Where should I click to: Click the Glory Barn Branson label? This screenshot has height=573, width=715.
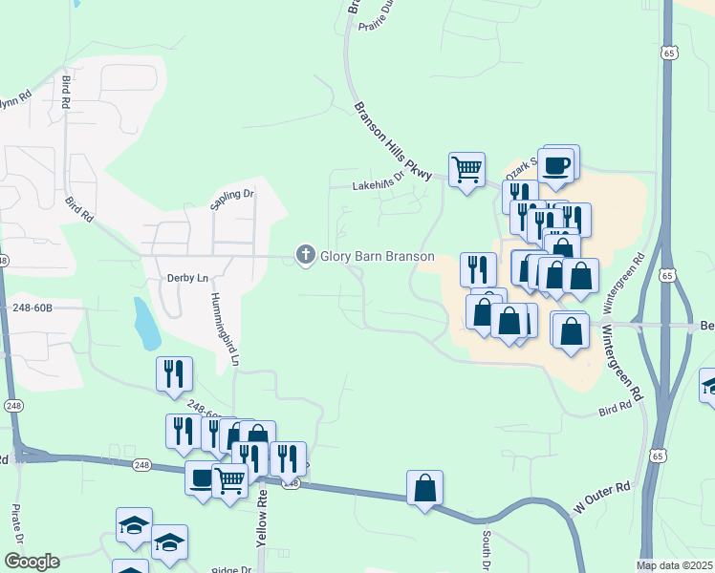(377, 256)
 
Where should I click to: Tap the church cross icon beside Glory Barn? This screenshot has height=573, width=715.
(306, 255)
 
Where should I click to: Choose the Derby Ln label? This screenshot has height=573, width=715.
(187, 278)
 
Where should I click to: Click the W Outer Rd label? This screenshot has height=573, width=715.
(602, 499)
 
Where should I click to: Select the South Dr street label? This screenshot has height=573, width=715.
(487, 548)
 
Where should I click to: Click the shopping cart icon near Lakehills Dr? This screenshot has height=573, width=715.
(466, 170)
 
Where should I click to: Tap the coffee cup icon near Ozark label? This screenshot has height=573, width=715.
(556, 165)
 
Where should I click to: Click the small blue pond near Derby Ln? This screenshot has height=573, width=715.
(146, 325)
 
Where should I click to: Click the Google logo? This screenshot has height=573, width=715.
(31, 562)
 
